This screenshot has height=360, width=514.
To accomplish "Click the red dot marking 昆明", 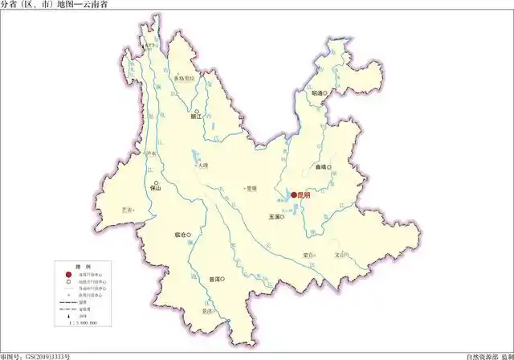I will [293, 194].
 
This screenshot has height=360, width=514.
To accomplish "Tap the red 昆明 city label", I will [304, 194].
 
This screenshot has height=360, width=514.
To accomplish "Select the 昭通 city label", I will [317, 93].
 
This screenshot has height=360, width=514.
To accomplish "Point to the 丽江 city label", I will [194, 117].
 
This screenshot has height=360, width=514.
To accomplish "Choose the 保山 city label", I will [156, 188].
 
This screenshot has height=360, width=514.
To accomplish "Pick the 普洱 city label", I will [214, 280].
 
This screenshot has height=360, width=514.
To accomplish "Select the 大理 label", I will [201, 166].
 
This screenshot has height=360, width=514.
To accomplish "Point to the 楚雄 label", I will [251, 188].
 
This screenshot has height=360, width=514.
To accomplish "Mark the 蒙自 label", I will [308, 255].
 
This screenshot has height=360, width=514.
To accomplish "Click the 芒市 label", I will [126, 208].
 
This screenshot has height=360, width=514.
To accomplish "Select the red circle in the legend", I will [70, 274].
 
